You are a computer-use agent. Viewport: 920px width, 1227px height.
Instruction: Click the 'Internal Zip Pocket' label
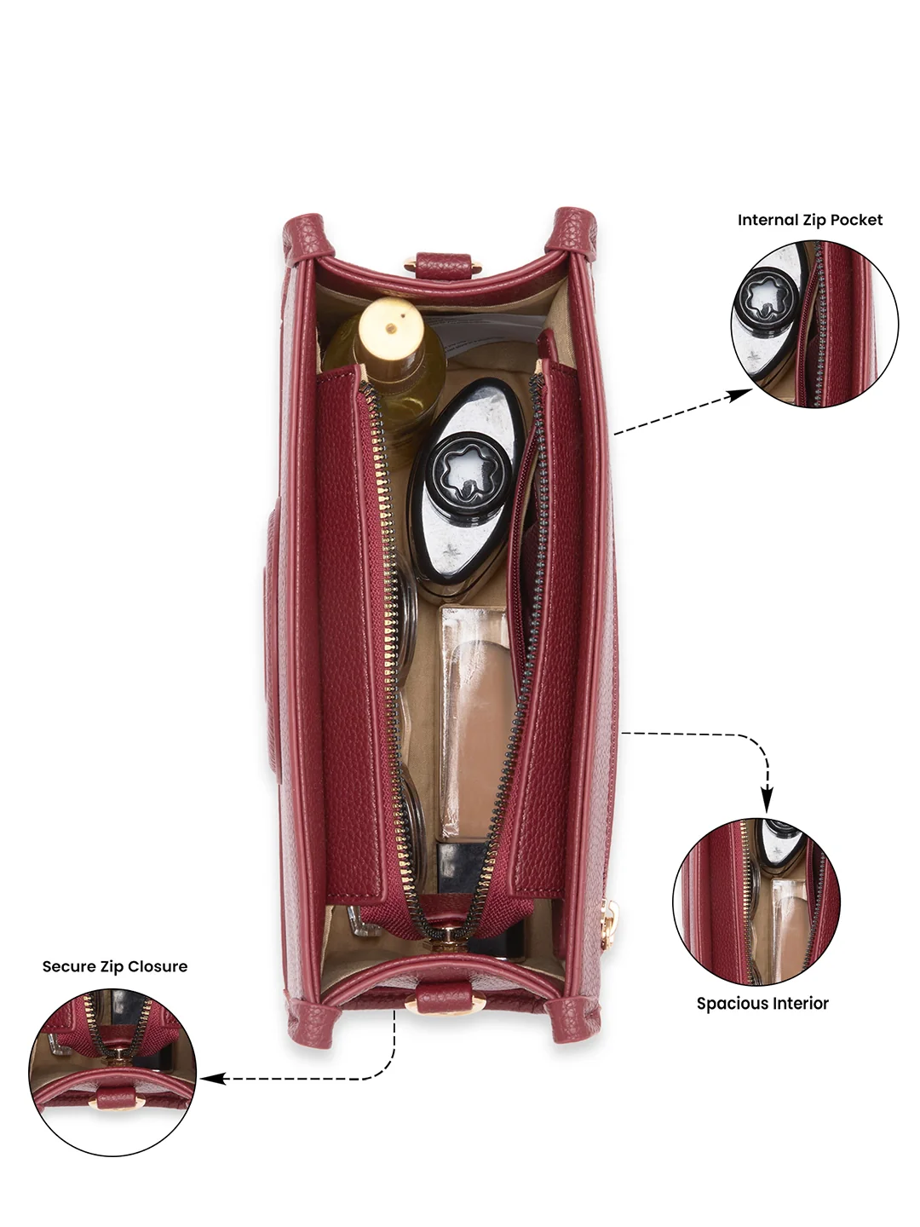[x=809, y=220]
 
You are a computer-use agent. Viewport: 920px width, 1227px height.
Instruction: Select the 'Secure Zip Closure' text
[x=115, y=966]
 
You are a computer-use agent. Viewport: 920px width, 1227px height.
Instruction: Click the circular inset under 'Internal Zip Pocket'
[x=815, y=324]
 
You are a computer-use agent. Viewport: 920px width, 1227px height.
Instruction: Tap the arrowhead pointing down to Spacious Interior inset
[x=768, y=803]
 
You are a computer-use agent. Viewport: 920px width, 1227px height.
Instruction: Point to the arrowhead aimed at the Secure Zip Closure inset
[x=211, y=1078]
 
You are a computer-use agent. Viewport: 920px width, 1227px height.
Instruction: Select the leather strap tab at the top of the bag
[x=442, y=264]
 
